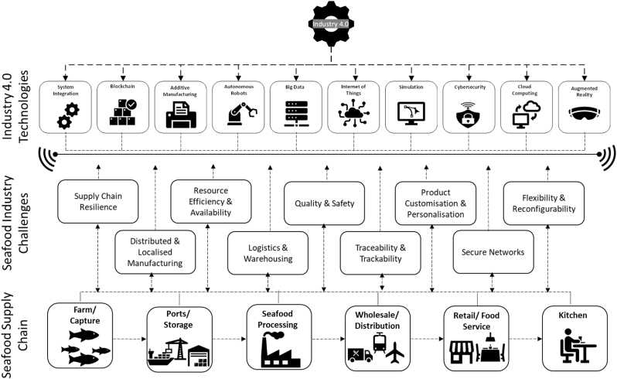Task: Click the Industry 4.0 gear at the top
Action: point(331,24)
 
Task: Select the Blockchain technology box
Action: point(123,107)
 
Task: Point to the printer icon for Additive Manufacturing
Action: point(181,114)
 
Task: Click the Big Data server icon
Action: point(296,114)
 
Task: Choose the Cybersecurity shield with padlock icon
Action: point(468,114)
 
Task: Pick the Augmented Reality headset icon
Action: point(585,114)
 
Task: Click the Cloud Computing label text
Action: point(524,90)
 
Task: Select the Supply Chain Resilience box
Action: point(98,202)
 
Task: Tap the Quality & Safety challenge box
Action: point(324,203)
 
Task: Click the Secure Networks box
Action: point(493,252)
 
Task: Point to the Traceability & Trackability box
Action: point(380,253)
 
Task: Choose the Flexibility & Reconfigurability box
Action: point(544,203)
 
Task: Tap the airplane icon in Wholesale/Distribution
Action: point(395,352)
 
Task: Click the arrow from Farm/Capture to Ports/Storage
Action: point(129,339)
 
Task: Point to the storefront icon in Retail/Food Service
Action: point(462,352)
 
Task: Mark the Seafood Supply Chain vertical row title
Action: point(15,336)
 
